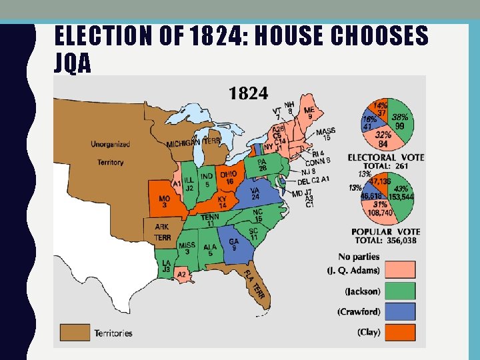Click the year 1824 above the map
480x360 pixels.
(x=249, y=92)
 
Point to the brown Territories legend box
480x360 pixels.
(x=75, y=332)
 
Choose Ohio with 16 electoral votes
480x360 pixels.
(x=229, y=177)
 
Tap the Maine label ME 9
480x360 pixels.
(x=309, y=113)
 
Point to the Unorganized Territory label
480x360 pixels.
(x=111, y=153)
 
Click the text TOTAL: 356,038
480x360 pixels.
(x=386, y=241)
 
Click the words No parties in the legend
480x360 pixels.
(x=359, y=257)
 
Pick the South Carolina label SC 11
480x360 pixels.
(x=254, y=234)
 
